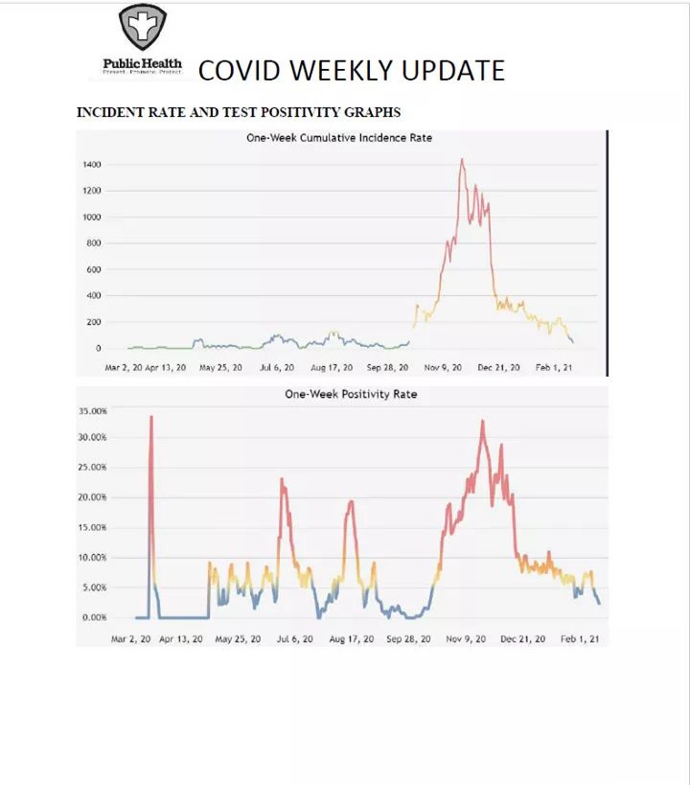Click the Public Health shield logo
(143, 27)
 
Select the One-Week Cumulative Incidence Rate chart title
(339, 138)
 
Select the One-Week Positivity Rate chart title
(350, 393)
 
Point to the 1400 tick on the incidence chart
(91, 165)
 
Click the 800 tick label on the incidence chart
(93, 243)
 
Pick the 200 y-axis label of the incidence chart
(93, 322)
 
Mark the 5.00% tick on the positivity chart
(92, 588)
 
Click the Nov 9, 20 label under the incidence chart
(443, 367)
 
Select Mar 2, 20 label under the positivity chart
(130, 638)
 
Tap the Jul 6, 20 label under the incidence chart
(277, 367)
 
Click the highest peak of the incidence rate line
(462, 159)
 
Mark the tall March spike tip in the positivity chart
(151, 417)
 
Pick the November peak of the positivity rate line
(483, 421)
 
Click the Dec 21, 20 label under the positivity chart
(524, 638)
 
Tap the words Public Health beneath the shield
(142, 64)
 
